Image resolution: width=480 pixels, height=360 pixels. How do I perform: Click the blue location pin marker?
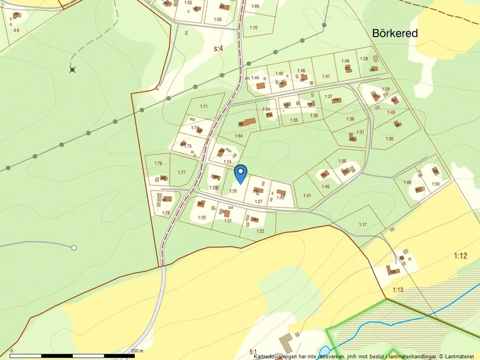240,173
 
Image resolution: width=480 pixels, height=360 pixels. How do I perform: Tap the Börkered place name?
395,34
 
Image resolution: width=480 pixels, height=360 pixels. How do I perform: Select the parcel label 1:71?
204,106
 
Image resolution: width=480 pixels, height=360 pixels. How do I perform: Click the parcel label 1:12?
460,256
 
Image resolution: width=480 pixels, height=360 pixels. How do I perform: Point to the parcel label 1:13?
398,290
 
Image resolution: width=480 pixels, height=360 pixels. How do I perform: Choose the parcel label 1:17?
363,224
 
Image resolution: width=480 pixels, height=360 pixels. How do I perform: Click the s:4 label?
218,49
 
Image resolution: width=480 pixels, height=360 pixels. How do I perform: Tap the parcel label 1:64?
239,136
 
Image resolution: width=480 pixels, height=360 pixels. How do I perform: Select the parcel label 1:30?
389,138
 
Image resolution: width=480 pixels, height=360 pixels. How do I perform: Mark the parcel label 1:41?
307,195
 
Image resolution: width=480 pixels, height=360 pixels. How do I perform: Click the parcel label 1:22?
260,231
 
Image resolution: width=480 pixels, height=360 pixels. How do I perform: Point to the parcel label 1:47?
326,76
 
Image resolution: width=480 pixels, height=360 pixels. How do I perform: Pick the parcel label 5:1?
253,351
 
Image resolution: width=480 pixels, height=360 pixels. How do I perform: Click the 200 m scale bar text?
137,351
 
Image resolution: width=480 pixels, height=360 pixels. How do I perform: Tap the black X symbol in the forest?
72,70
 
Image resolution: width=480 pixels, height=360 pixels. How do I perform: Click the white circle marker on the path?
74,248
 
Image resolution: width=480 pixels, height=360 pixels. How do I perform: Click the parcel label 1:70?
253,27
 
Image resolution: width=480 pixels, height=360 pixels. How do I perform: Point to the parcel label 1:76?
158,163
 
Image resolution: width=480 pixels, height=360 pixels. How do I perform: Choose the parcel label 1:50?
435,184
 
